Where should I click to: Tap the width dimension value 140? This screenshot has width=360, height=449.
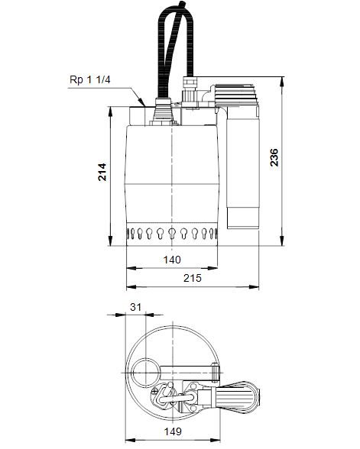click(x=173, y=260)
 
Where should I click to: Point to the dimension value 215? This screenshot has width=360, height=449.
click(x=192, y=279)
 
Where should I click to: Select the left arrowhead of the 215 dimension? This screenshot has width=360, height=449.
click(x=128, y=287)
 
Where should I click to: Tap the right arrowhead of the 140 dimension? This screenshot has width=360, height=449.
click(x=219, y=268)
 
